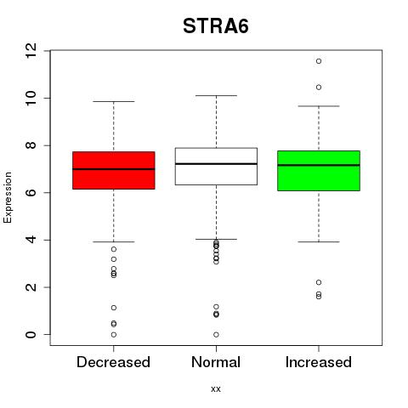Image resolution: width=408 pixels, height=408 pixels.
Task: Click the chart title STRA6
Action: (x=216, y=26)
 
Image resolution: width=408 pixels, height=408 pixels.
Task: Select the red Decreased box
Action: (x=114, y=170)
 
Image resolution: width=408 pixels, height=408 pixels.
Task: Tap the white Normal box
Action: (x=216, y=167)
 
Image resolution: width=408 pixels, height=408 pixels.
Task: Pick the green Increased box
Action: (x=319, y=171)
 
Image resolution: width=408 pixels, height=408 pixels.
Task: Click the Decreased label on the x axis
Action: (x=113, y=362)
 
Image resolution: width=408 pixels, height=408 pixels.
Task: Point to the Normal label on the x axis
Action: (x=216, y=362)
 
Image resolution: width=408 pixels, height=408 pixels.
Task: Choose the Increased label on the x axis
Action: (x=319, y=362)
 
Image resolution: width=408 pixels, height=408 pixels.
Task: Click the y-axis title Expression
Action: (x=8, y=197)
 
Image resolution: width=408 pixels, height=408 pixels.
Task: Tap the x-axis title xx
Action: (x=216, y=389)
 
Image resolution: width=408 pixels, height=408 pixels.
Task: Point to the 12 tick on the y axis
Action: (x=31, y=51)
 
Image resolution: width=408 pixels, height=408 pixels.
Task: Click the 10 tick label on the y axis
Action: (x=31, y=98)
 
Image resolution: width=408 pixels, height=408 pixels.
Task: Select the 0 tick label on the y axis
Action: (x=31, y=335)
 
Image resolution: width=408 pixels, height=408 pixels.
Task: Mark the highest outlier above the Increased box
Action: (x=319, y=61)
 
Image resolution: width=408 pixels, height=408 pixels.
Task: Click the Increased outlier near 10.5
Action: (x=319, y=88)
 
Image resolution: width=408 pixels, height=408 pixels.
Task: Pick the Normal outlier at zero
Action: (x=216, y=335)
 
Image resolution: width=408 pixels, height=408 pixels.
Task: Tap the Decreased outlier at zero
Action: (x=114, y=335)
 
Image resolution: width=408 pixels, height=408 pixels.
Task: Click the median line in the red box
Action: (x=114, y=169)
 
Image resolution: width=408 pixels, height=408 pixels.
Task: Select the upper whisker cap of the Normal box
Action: (x=216, y=96)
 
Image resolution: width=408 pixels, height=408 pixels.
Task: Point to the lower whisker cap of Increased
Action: (x=319, y=242)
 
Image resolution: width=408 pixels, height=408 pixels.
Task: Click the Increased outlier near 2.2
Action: (x=319, y=282)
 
